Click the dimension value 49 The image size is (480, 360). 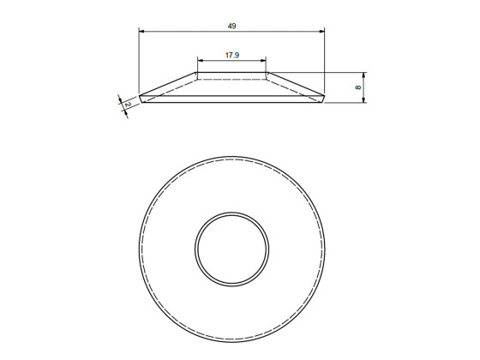point(232,27)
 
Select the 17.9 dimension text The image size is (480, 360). point(231,55)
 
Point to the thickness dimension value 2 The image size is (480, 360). point(127,105)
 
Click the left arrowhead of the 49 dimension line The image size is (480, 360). point(141,32)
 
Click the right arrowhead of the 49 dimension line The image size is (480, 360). point(322,32)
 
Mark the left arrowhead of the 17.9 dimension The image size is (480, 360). point(200,60)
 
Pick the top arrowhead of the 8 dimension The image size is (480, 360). point(365,75)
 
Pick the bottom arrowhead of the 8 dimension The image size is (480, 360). point(365,101)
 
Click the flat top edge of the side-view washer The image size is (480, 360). point(232,73)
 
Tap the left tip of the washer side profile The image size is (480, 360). point(140,98)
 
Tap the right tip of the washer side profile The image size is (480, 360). point(326,97)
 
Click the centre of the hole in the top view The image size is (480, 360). point(232,250)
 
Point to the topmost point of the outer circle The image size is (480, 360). point(232,157)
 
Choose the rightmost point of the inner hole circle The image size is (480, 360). point(269,250)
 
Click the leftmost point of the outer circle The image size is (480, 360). point(139,250)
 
